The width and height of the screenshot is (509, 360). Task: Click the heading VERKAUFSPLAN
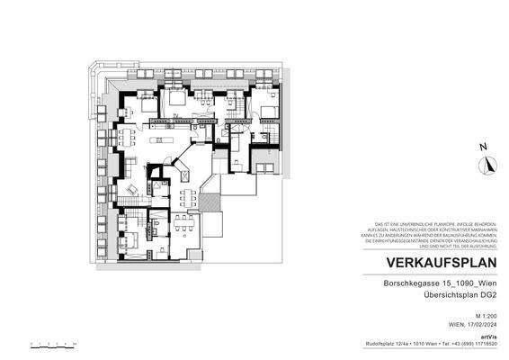tap(441, 263)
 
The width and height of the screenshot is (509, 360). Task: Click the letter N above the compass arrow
tap(484, 147)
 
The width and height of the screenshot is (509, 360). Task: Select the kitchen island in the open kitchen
tap(167, 139)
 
